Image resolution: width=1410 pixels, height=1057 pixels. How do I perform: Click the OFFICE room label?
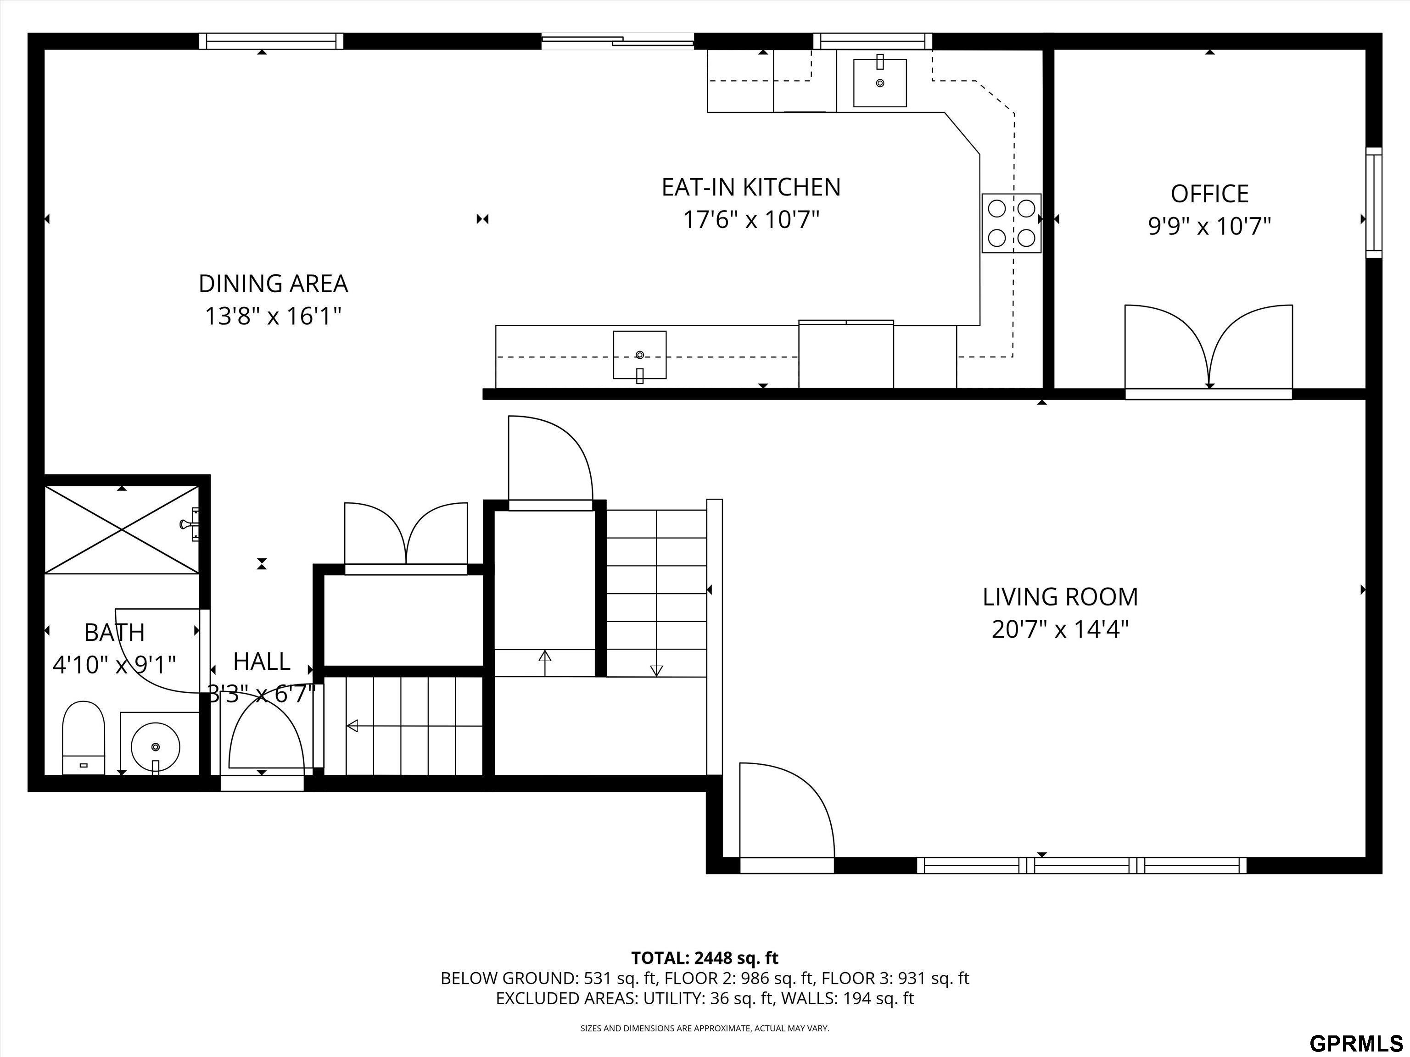[x=1209, y=194]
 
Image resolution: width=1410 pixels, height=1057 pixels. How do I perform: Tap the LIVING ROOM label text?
[x=1060, y=597]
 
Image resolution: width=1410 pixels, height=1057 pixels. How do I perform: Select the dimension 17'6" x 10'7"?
[x=751, y=220]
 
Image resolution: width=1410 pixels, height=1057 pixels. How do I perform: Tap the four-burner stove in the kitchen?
[x=1011, y=223]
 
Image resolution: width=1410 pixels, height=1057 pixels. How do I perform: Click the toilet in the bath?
[x=83, y=738]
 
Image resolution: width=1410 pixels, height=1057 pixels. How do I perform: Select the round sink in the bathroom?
[x=156, y=746]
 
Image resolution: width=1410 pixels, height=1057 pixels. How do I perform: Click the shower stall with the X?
[x=122, y=529]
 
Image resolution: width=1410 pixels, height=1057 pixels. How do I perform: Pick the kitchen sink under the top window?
[x=880, y=82]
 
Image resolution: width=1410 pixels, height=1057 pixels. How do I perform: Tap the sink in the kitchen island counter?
[x=639, y=355]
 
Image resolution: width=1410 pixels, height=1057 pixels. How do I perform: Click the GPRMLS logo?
[x=1356, y=1044]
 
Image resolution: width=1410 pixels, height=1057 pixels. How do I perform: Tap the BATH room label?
[x=115, y=633]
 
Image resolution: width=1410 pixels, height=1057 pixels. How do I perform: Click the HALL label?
[x=262, y=662]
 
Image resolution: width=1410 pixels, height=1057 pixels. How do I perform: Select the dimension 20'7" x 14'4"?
[x=1060, y=629]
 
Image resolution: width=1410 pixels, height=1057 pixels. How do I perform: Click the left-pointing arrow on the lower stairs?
[x=414, y=726]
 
